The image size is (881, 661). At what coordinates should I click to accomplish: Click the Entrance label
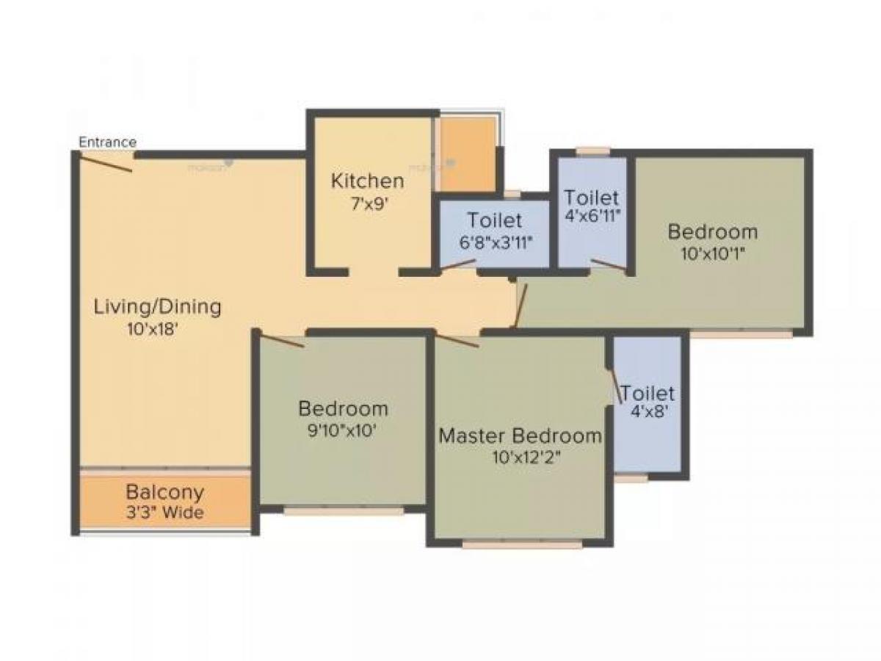click(x=107, y=142)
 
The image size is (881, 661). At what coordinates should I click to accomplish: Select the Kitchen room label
click(x=367, y=181)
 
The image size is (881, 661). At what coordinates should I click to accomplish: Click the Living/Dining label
click(x=157, y=307)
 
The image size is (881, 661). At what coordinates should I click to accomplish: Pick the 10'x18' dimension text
click(x=153, y=330)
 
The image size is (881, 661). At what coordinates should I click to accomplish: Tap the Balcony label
click(x=164, y=491)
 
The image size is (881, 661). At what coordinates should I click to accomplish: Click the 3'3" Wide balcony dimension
click(x=164, y=513)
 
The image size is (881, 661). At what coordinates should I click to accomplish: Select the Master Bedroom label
click(x=520, y=436)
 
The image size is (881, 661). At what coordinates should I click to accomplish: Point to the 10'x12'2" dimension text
click(x=521, y=458)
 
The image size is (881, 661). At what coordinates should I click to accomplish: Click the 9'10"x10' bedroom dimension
click(x=343, y=430)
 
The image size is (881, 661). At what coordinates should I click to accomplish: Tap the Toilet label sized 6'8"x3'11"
click(x=495, y=220)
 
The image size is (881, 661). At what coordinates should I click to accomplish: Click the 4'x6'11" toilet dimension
click(x=592, y=217)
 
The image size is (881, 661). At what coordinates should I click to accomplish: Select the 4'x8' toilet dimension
click(x=647, y=412)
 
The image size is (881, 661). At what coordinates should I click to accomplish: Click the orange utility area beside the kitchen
click(x=468, y=154)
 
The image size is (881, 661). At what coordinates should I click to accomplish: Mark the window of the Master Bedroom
click(x=522, y=545)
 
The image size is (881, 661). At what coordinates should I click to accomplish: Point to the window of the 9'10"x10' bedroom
click(x=343, y=512)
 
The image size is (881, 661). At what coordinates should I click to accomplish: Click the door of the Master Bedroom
click(x=457, y=341)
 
